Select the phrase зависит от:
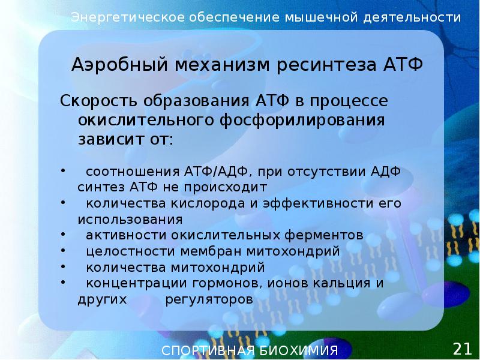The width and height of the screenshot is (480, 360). pos(125,140)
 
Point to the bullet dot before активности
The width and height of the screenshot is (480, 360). pos(64,233)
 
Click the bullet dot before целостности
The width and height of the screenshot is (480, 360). pos(64,249)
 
